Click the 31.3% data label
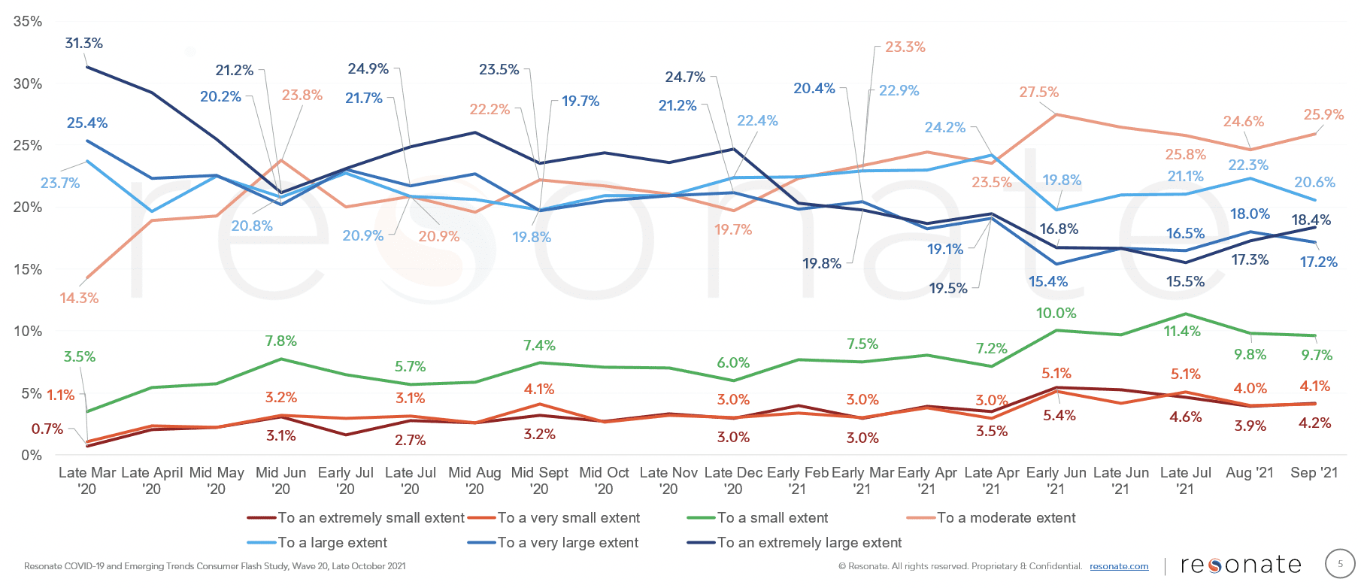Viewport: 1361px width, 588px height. click(83, 44)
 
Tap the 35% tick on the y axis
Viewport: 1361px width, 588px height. click(28, 22)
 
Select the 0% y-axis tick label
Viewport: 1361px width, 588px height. click(32, 455)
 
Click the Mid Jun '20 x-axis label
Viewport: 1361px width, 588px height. click(280, 480)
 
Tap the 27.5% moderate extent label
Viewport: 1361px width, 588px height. click(1038, 92)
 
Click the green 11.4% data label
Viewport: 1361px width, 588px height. click(1182, 332)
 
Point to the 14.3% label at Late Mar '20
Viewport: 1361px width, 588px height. click(79, 299)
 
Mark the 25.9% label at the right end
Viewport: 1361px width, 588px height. click(1323, 115)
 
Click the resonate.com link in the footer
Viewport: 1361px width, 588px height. click(1119, 566)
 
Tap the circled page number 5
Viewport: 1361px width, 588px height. click(1339, 564)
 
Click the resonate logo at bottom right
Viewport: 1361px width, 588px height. click(1241, 565)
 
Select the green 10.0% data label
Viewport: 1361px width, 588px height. click(1056, 314)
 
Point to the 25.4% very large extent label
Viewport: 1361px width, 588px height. click(87, 123)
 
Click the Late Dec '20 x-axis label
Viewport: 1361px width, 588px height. click(733, 480)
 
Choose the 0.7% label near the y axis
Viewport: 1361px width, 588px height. click(47, 429)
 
